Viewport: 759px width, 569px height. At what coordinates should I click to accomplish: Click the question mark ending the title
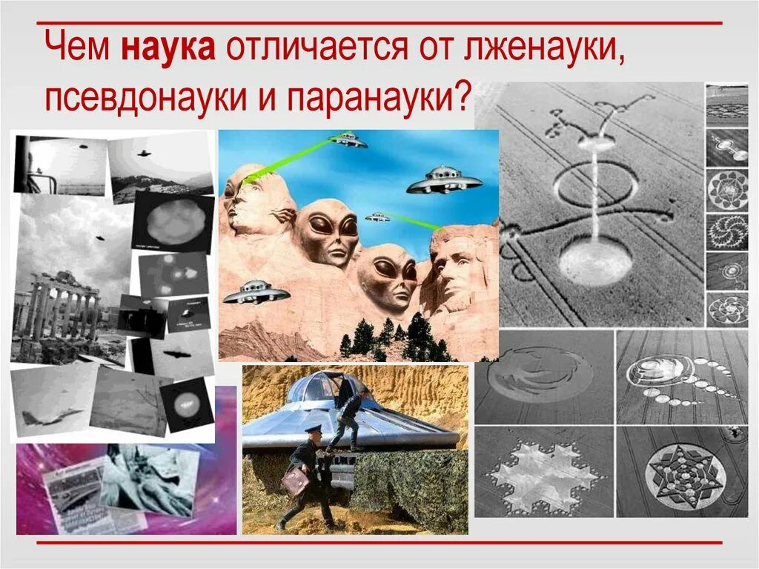point(463,96)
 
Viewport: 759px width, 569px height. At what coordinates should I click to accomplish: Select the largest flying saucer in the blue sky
point(443,180)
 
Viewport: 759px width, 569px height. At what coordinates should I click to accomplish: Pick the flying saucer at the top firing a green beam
point(348,139)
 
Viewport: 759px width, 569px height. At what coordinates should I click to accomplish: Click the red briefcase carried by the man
point(294,482)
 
